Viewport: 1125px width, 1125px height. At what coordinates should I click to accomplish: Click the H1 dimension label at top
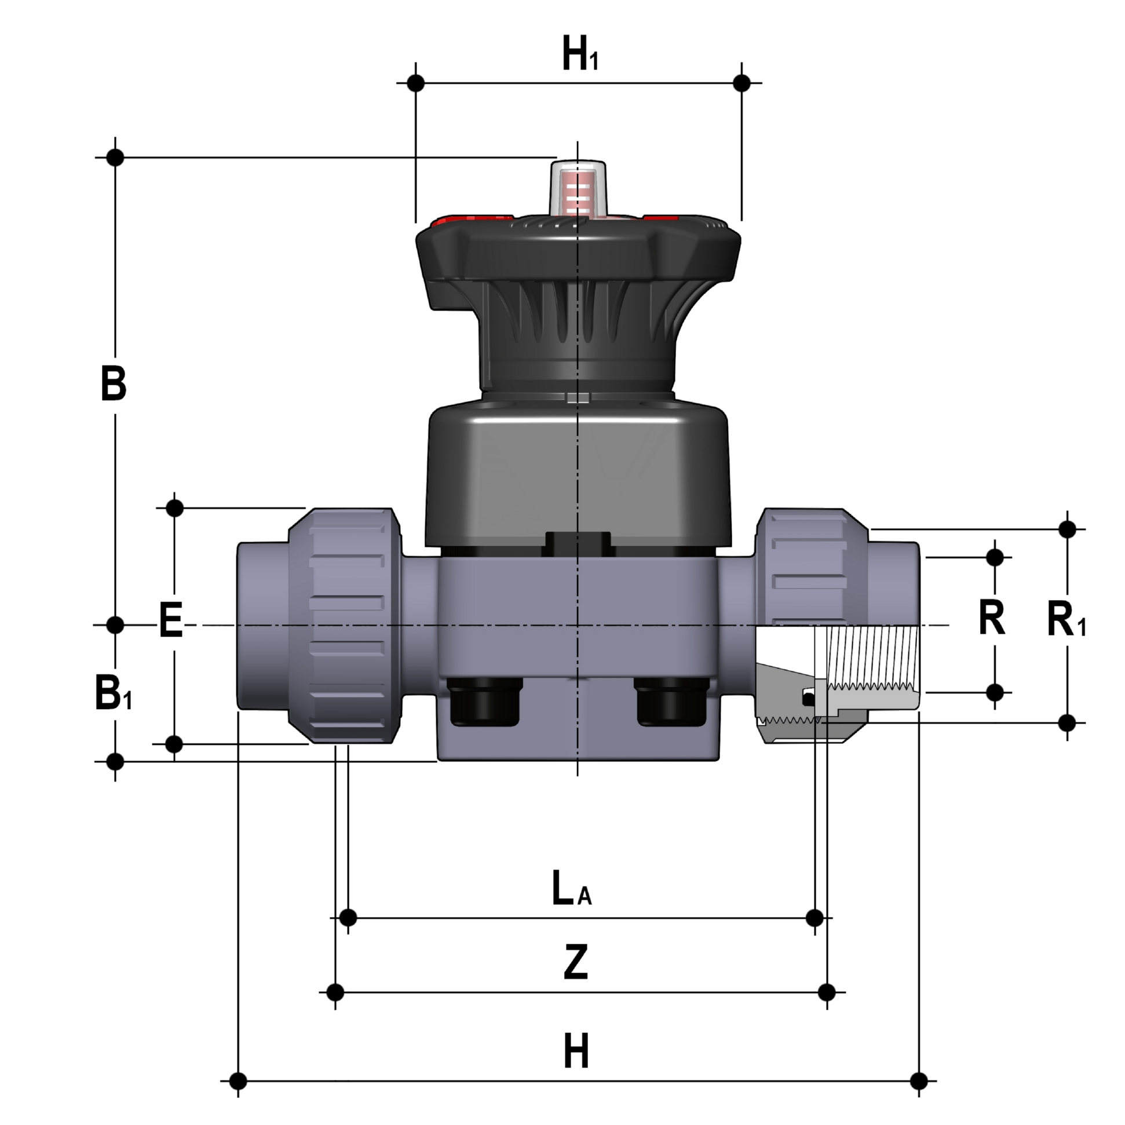point(580,54)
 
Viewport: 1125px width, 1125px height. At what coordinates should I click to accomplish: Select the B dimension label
point(114,383)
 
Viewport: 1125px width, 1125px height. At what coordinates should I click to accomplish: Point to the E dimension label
point(171,621)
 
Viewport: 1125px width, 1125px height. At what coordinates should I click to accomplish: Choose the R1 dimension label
point(1066,621)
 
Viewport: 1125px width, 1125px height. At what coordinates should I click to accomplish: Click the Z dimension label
point(576,963)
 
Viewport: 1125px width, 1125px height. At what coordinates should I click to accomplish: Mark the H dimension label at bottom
point(576,1051)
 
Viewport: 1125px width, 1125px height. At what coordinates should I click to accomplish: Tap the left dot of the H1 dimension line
point(416,83)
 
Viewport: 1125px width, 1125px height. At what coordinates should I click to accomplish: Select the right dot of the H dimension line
point(919,1082)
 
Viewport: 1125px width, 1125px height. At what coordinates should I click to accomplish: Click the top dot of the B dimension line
point(115,157)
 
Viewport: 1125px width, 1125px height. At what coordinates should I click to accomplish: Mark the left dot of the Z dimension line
point(335,992)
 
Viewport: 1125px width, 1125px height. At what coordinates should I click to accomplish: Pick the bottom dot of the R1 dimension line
point(1067,723)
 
